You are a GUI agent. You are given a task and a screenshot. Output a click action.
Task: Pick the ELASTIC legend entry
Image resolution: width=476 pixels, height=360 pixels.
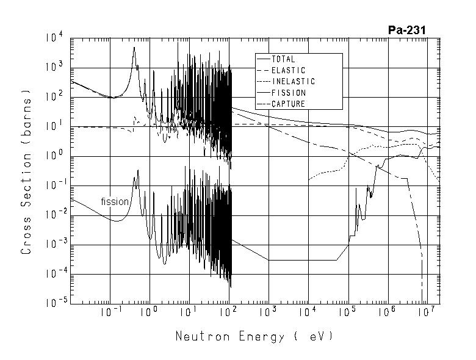pyautogui.click(x=288, y=70)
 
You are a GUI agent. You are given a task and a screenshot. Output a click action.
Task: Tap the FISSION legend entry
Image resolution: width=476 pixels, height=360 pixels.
pyautogui.click(x=289, y=93)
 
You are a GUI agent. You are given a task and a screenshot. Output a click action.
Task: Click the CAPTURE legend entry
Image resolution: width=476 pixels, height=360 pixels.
pyautogui.click(x=288, y=104)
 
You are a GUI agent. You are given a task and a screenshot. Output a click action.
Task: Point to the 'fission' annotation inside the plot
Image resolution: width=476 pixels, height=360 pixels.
pyautogui.click(x=115, y=201)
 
